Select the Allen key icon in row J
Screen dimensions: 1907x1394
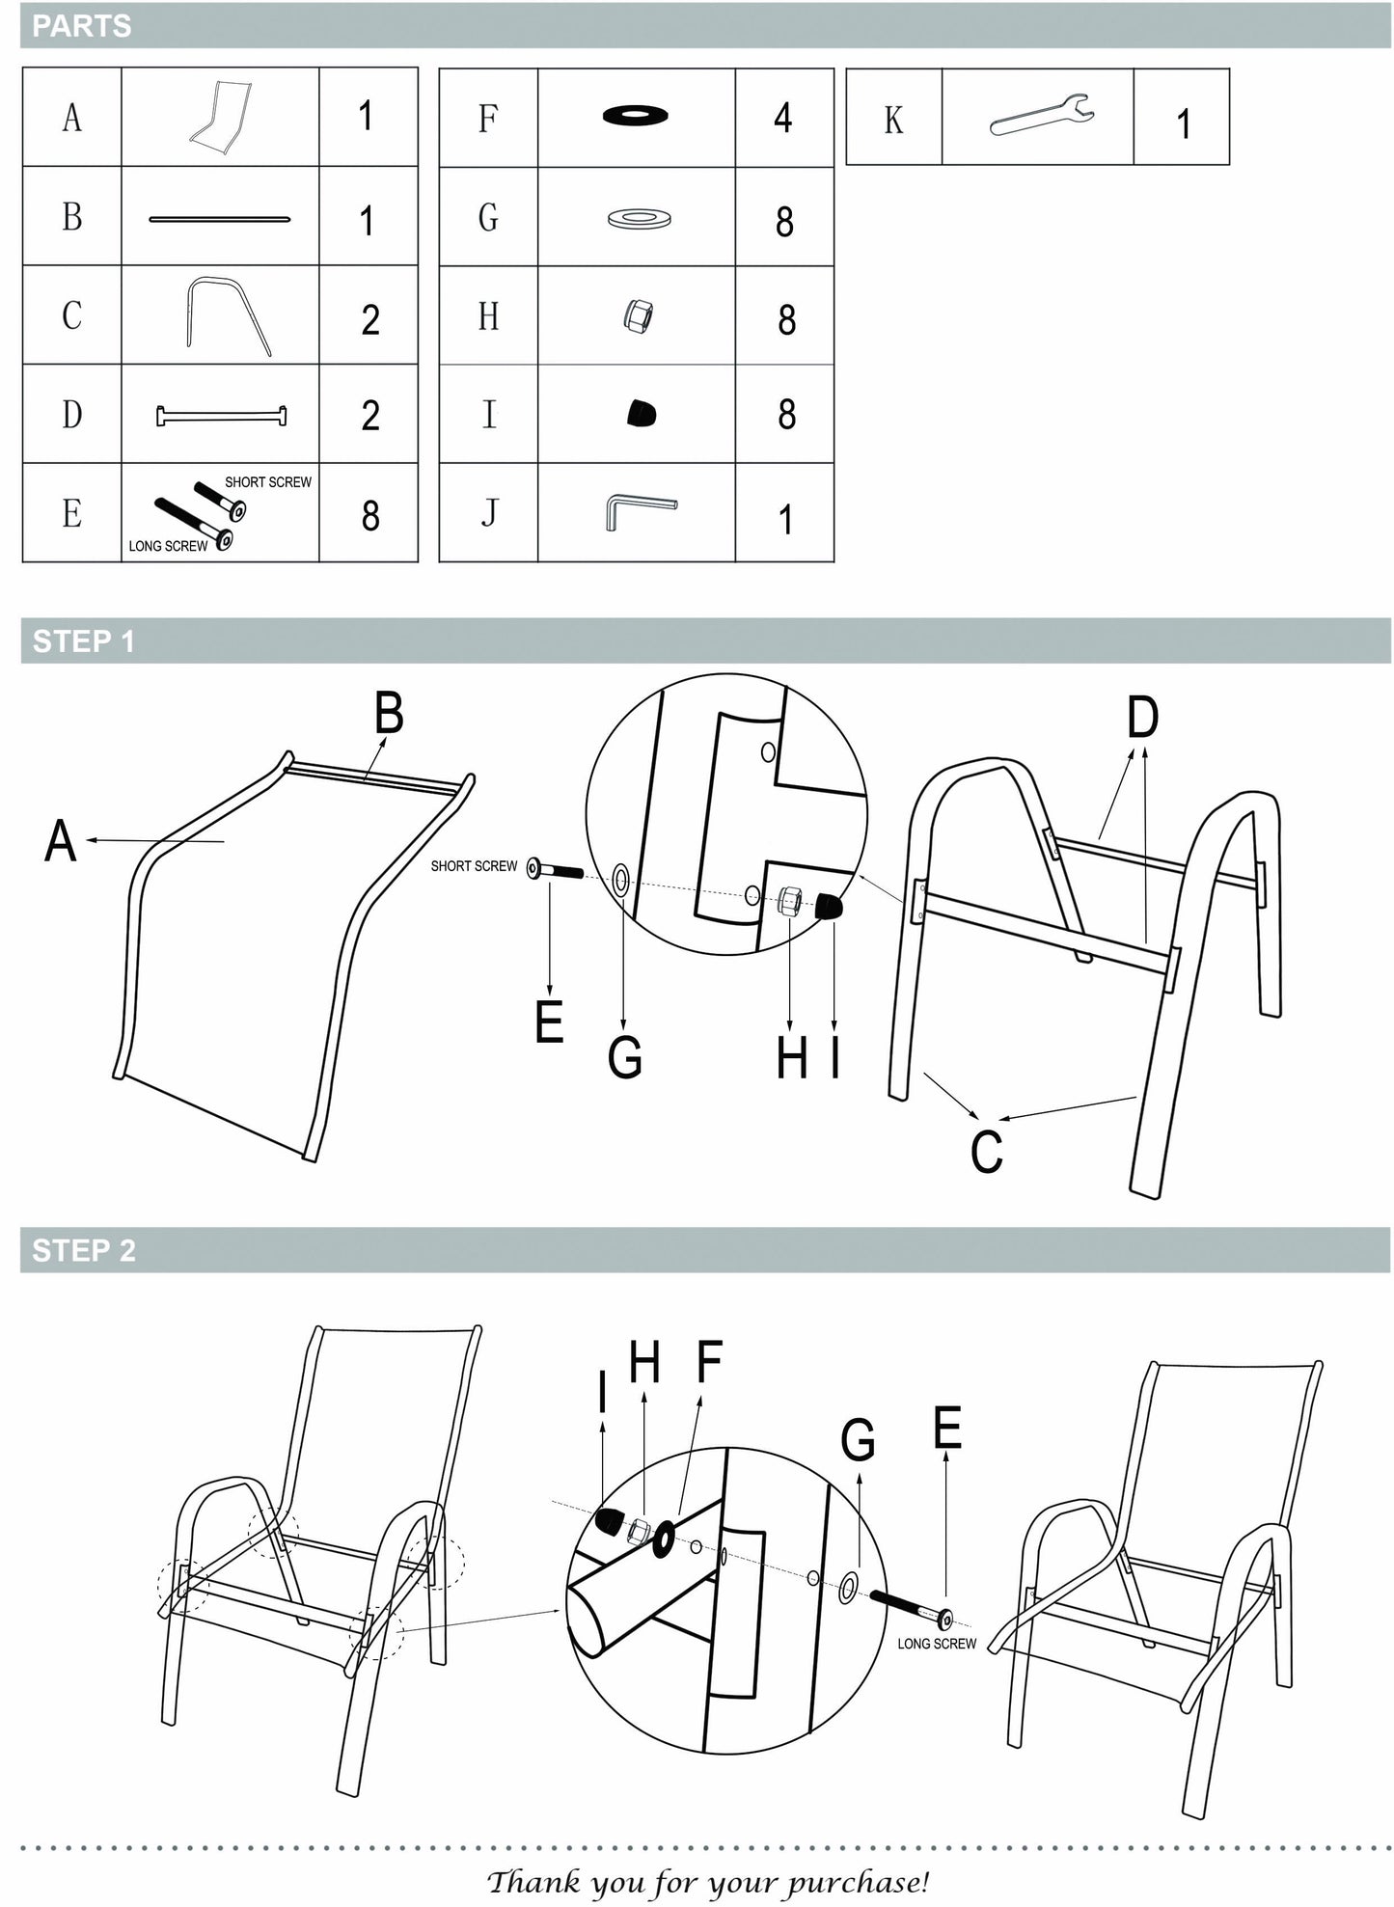pos(640,510)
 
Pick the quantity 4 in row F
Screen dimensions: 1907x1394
pos(782,118)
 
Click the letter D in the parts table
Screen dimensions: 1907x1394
pos(71,414)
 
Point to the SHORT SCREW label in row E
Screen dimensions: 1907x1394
pos(268,482)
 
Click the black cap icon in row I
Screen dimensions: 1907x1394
pos(640,414)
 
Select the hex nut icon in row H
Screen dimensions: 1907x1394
pos(637,315)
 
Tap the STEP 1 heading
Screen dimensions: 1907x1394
pos(84,641)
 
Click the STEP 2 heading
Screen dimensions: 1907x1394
pos(84,1250)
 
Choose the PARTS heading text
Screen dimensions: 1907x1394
pos(82,26)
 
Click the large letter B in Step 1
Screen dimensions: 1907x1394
pos(388,715)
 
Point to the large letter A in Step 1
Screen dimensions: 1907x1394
pos(60,840)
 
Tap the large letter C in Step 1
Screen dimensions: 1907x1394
pos(986,1152)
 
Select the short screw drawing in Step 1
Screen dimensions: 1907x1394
pos(556,870)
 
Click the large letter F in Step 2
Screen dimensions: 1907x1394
pos(709,1362)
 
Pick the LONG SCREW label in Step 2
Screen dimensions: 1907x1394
pos(937,1644)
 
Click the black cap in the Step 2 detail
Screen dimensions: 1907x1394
pos(607,1521)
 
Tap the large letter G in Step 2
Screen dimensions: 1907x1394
pos(858,1441)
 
